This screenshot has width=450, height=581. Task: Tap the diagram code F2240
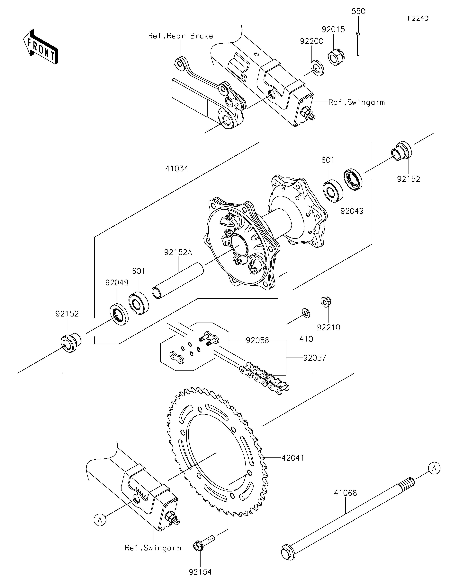click(x=418, y=18)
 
